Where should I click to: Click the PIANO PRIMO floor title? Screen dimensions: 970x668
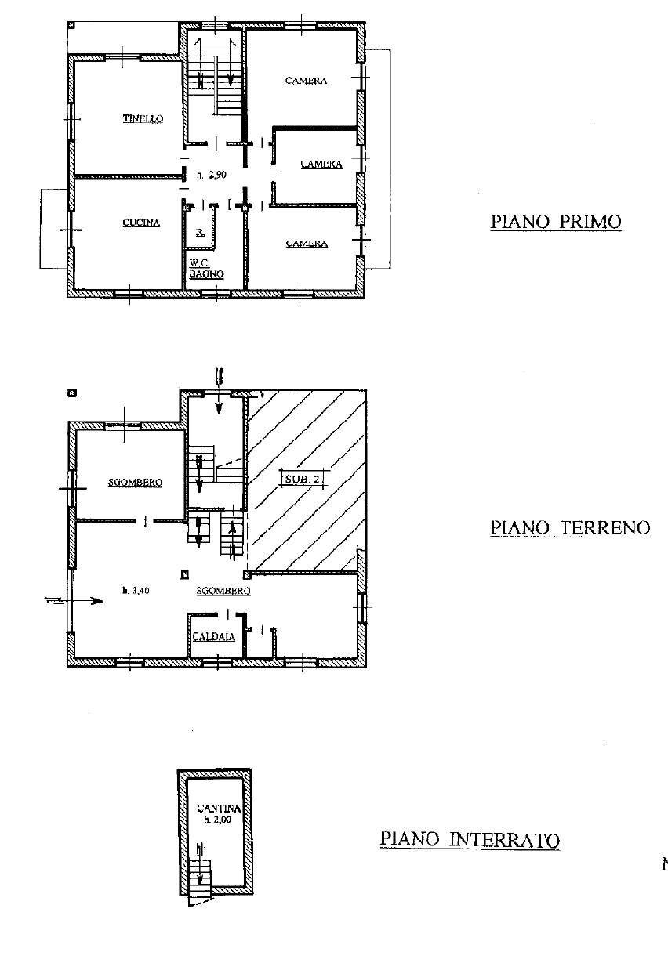pyautogui.click(x=556, y=222)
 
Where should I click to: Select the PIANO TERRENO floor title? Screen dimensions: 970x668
pyautogui.click(x=570, y=527)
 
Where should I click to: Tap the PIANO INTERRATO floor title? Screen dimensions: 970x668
pyautogui.click(x=470, y=839)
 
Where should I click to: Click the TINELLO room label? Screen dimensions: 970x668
pyautogui.click(x=143, y=119)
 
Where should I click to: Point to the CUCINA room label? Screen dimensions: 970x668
pyautogui.click(x=141, y=223)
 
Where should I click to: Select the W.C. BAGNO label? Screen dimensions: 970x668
pyautogui.click(x=206, y=269)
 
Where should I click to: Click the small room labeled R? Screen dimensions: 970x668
pyautogui.click(x=201, y=233)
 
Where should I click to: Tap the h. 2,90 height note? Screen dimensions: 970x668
pyautogui.click(x=212, y=176)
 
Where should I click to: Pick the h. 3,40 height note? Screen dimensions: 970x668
pyautogui.click(x=136, y=591)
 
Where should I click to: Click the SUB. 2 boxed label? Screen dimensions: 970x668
pyautogui.click(x=302, y=478)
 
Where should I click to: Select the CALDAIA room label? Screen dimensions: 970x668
pyautogui.click(x=213, y=637)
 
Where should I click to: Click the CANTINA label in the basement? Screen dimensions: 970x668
pyautogui.click(x=213, y=808)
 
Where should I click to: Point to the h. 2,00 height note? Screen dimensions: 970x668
pyautogui.click(x=213, y=820)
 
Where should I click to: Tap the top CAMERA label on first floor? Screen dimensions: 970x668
pyautogui.click(x=306, y=81)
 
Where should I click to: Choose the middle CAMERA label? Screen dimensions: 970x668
pyautogui.click(x=321, y=165)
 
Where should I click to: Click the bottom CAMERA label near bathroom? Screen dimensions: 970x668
pyautogui.click(x=306, y=244)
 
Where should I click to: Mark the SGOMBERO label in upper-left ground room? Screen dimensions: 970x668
pyautogui.click(x=135, y=483)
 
